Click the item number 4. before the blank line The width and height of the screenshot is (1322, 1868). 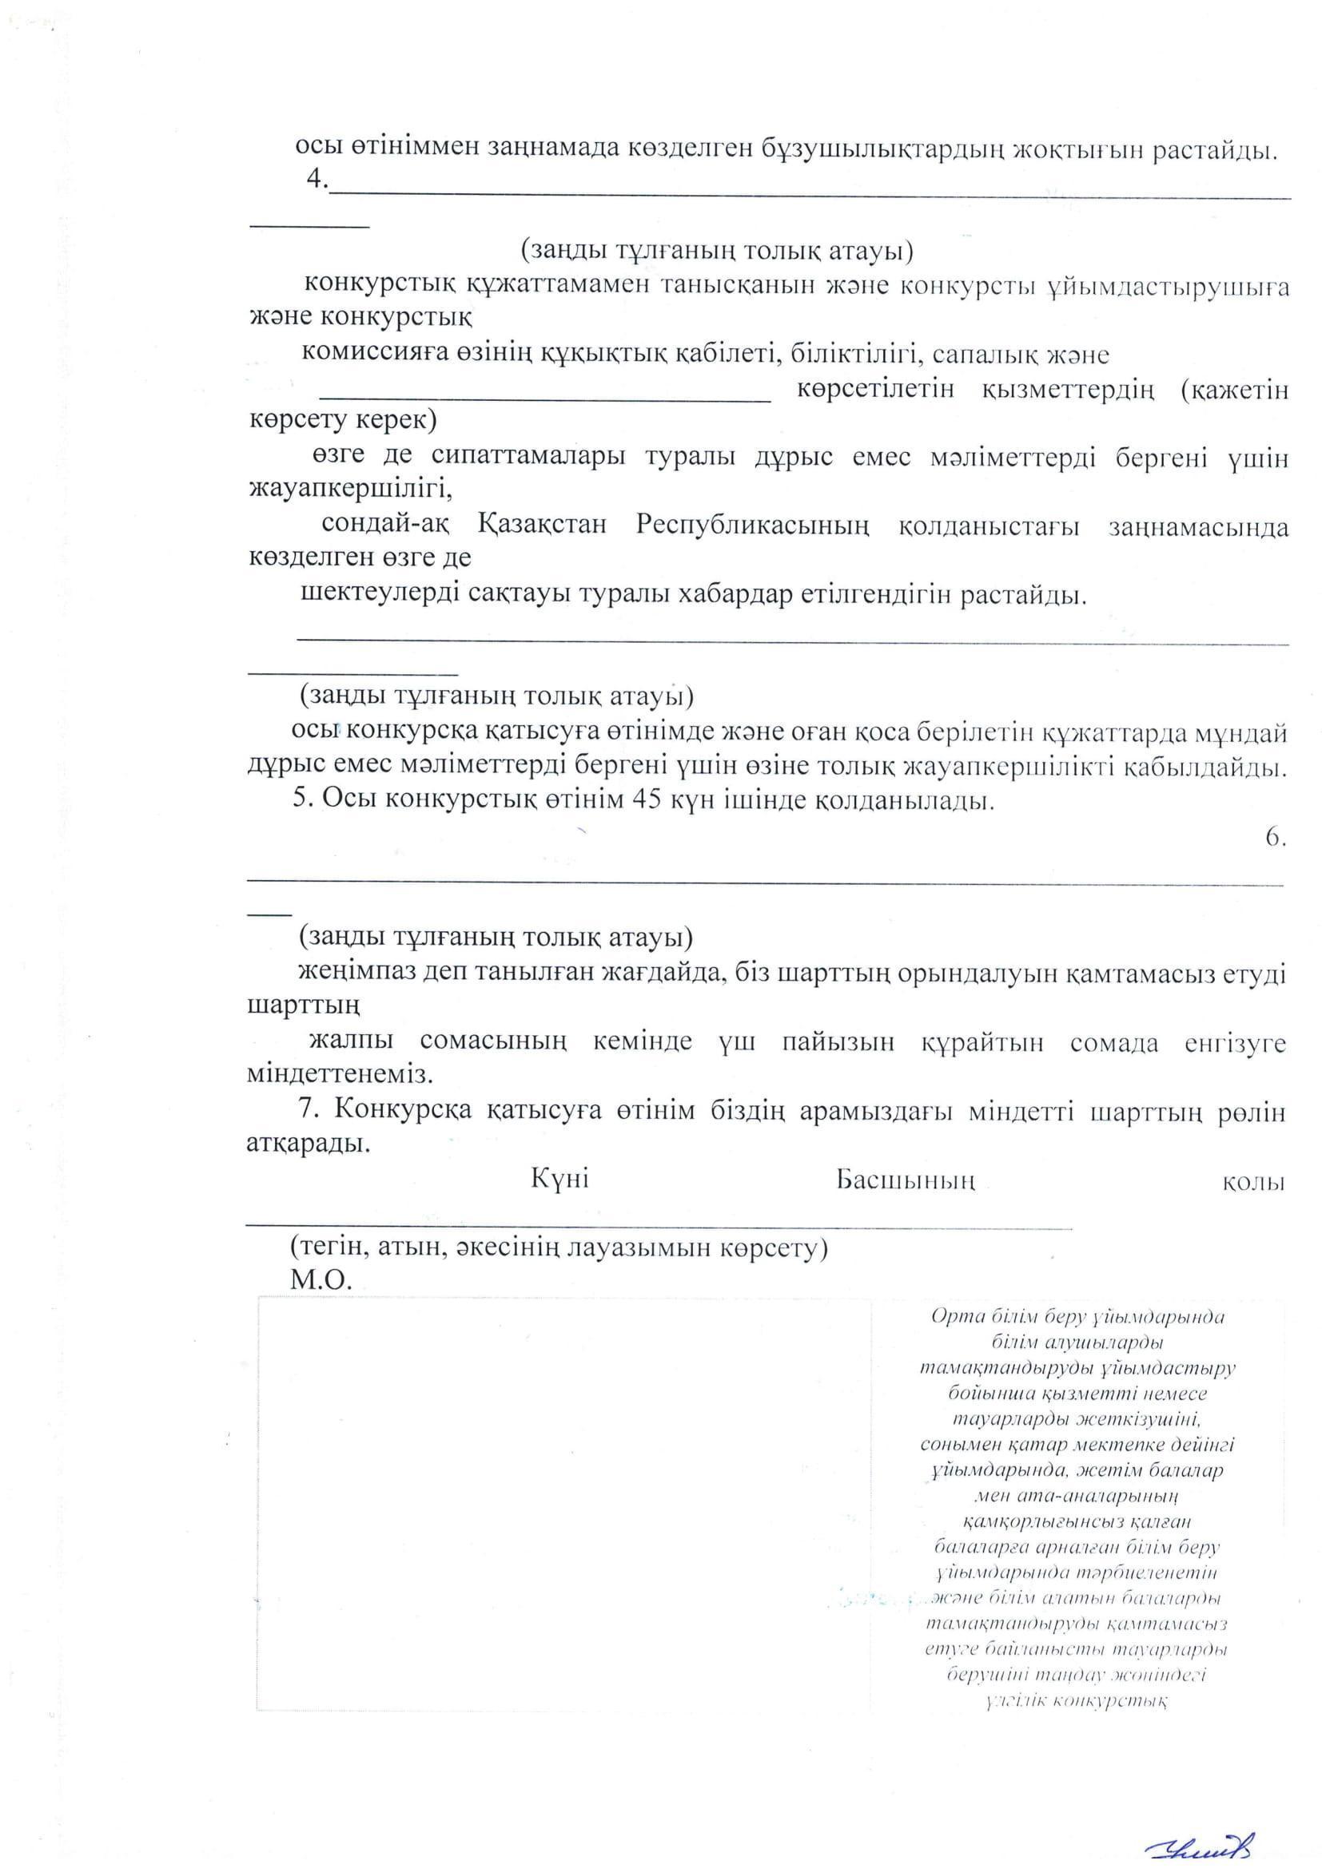[317, 178]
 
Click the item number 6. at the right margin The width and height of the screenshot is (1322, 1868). [1276, 839]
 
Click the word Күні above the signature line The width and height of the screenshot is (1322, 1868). [560, 1179]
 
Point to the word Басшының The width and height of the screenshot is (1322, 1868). [906, 1180]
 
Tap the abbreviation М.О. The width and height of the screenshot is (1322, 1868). [321, 1280]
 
